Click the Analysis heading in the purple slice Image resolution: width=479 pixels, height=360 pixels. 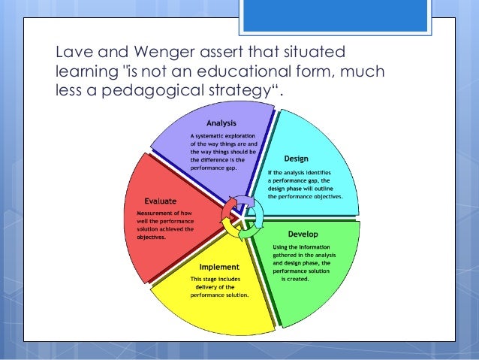tap(222, 123)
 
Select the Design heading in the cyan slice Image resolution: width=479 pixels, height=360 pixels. tap(295, 159)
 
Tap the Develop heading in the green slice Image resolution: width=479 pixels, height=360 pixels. tap(303, 234)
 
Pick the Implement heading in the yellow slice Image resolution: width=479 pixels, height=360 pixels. tap(219, 267)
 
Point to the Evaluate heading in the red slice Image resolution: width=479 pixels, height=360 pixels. tap(161, 201)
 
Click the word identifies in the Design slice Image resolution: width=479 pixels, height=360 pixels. tap(329, 171)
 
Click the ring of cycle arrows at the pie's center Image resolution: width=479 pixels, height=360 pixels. tap(239, 218)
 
